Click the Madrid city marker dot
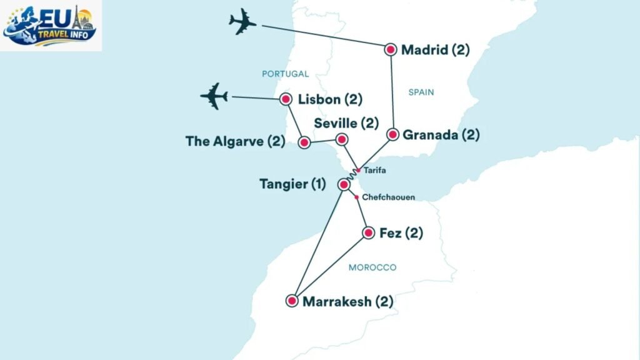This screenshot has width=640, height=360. (391, 49)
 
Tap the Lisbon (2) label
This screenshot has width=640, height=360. (330, 99)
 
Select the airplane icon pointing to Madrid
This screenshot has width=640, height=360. (243, 23)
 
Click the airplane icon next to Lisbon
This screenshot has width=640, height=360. (214, 96)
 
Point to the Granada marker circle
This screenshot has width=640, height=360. (392, 134)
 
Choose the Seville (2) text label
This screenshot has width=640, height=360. (346, 122)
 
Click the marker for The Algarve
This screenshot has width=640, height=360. (304, 143)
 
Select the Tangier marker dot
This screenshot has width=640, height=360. (344, 185)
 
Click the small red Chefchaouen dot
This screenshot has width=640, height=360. (356, 197)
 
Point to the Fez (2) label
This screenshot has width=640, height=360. (401, 233)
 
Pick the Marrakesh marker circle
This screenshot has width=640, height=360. (292, 301)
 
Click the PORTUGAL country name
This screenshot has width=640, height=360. (285, 74)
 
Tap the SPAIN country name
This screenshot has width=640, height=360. (421, 92)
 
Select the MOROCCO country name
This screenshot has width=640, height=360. (372, 267)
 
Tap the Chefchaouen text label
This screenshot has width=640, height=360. (388, 197)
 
